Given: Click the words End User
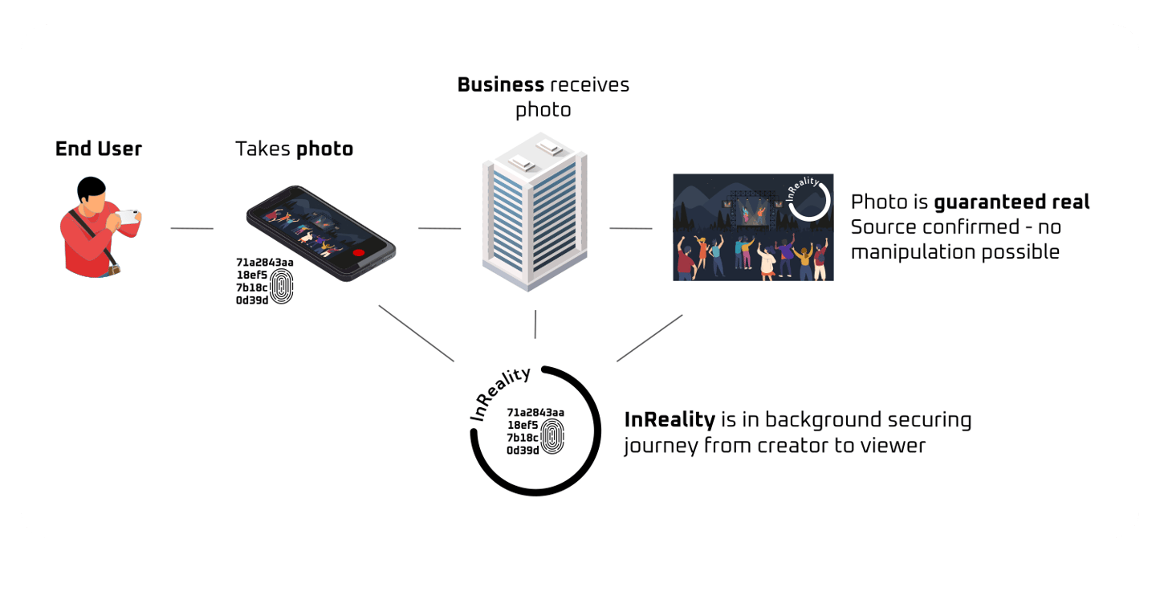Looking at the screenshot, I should pos(98,149).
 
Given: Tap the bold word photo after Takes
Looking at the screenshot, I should pos(324,149).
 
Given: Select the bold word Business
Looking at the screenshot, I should pos(500,84).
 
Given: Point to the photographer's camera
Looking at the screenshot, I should pos(128,216).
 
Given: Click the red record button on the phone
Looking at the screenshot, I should pos(358,251).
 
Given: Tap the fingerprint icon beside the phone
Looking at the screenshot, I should pos(281,286).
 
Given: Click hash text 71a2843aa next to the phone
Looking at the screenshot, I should pos(264,262).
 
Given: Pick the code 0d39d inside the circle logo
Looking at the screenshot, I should pos(522,451).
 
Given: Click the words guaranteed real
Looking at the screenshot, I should pos(1011,202).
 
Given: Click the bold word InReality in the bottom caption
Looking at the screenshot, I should pos(670,419).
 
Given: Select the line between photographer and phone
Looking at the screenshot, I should pos(192,229).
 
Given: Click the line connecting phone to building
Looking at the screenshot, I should pos(439,229).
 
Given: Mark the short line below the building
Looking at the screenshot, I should pos(535,324).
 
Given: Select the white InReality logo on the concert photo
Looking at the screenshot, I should pos(807,199).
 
